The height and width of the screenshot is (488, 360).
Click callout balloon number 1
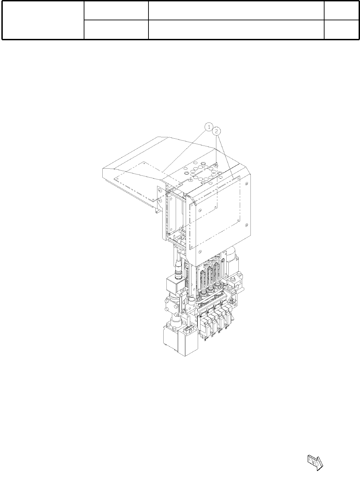pos(209,127)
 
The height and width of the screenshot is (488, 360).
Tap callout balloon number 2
pos(216,131)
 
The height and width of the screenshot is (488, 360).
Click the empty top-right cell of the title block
pos(341,11)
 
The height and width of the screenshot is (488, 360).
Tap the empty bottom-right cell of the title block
pos(341,30)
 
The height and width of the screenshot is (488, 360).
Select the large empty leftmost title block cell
pos(43,20)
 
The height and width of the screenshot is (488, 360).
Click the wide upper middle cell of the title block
pos(236,11)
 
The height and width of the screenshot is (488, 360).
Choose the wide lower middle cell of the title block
pos(236,30)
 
